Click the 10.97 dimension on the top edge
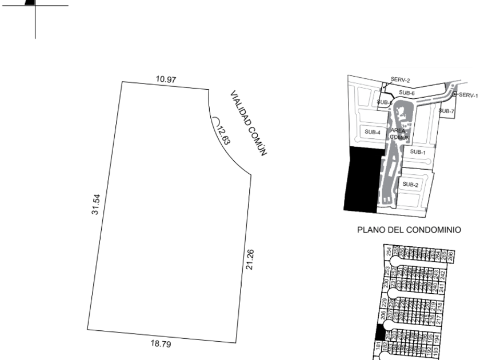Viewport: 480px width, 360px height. pos(166,79)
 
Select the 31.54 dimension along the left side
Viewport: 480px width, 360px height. pos(97,204)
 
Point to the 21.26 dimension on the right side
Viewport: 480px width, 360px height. pos(249,261)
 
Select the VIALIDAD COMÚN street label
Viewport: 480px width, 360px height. pos(250,122)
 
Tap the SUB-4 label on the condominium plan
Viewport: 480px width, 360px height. pos(373,132)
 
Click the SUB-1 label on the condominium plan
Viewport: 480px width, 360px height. pos(418,152)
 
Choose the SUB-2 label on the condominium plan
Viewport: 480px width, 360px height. pos(411,184)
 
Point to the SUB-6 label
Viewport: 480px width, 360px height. pos(407,92)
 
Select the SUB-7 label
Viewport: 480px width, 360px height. pos(446,111)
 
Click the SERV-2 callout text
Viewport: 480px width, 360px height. pos(401,81)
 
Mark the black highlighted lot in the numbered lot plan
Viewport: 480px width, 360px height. pos(378,332)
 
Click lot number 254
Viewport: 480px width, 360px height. pos(389,252)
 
